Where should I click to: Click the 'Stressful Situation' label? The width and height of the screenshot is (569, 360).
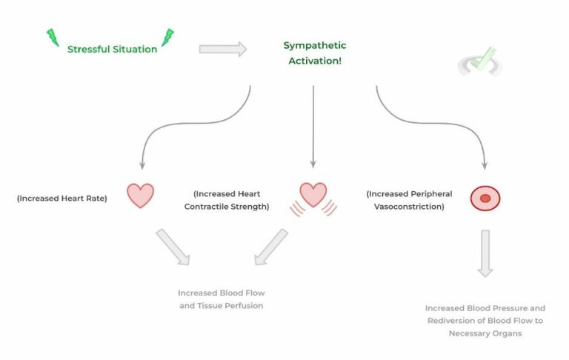click(112, 50)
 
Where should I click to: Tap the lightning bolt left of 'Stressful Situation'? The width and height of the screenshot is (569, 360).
click(53, 38)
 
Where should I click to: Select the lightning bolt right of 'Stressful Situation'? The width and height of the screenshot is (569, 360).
click(168, 38)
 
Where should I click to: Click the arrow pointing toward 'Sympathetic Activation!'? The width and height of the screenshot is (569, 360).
click(223, 49)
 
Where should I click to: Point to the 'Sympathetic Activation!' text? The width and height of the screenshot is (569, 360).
click(315, 53)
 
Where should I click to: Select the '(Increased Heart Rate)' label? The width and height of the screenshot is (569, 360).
click(61, 199)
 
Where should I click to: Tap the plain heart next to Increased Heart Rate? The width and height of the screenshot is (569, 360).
click(140, 195)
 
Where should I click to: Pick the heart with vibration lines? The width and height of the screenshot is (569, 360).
click(313, 196)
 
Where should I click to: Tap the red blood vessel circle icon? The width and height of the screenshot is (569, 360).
click(485, 198)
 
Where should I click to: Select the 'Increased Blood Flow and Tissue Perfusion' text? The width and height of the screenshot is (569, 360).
click(221, 299)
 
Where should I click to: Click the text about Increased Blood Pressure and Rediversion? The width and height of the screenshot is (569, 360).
click(485, 321)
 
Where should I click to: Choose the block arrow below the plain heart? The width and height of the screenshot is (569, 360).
click(172, 247)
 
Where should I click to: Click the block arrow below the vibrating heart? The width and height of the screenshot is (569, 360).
click(270, 247)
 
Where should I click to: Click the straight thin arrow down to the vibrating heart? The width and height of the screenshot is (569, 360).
click(313, 126)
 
